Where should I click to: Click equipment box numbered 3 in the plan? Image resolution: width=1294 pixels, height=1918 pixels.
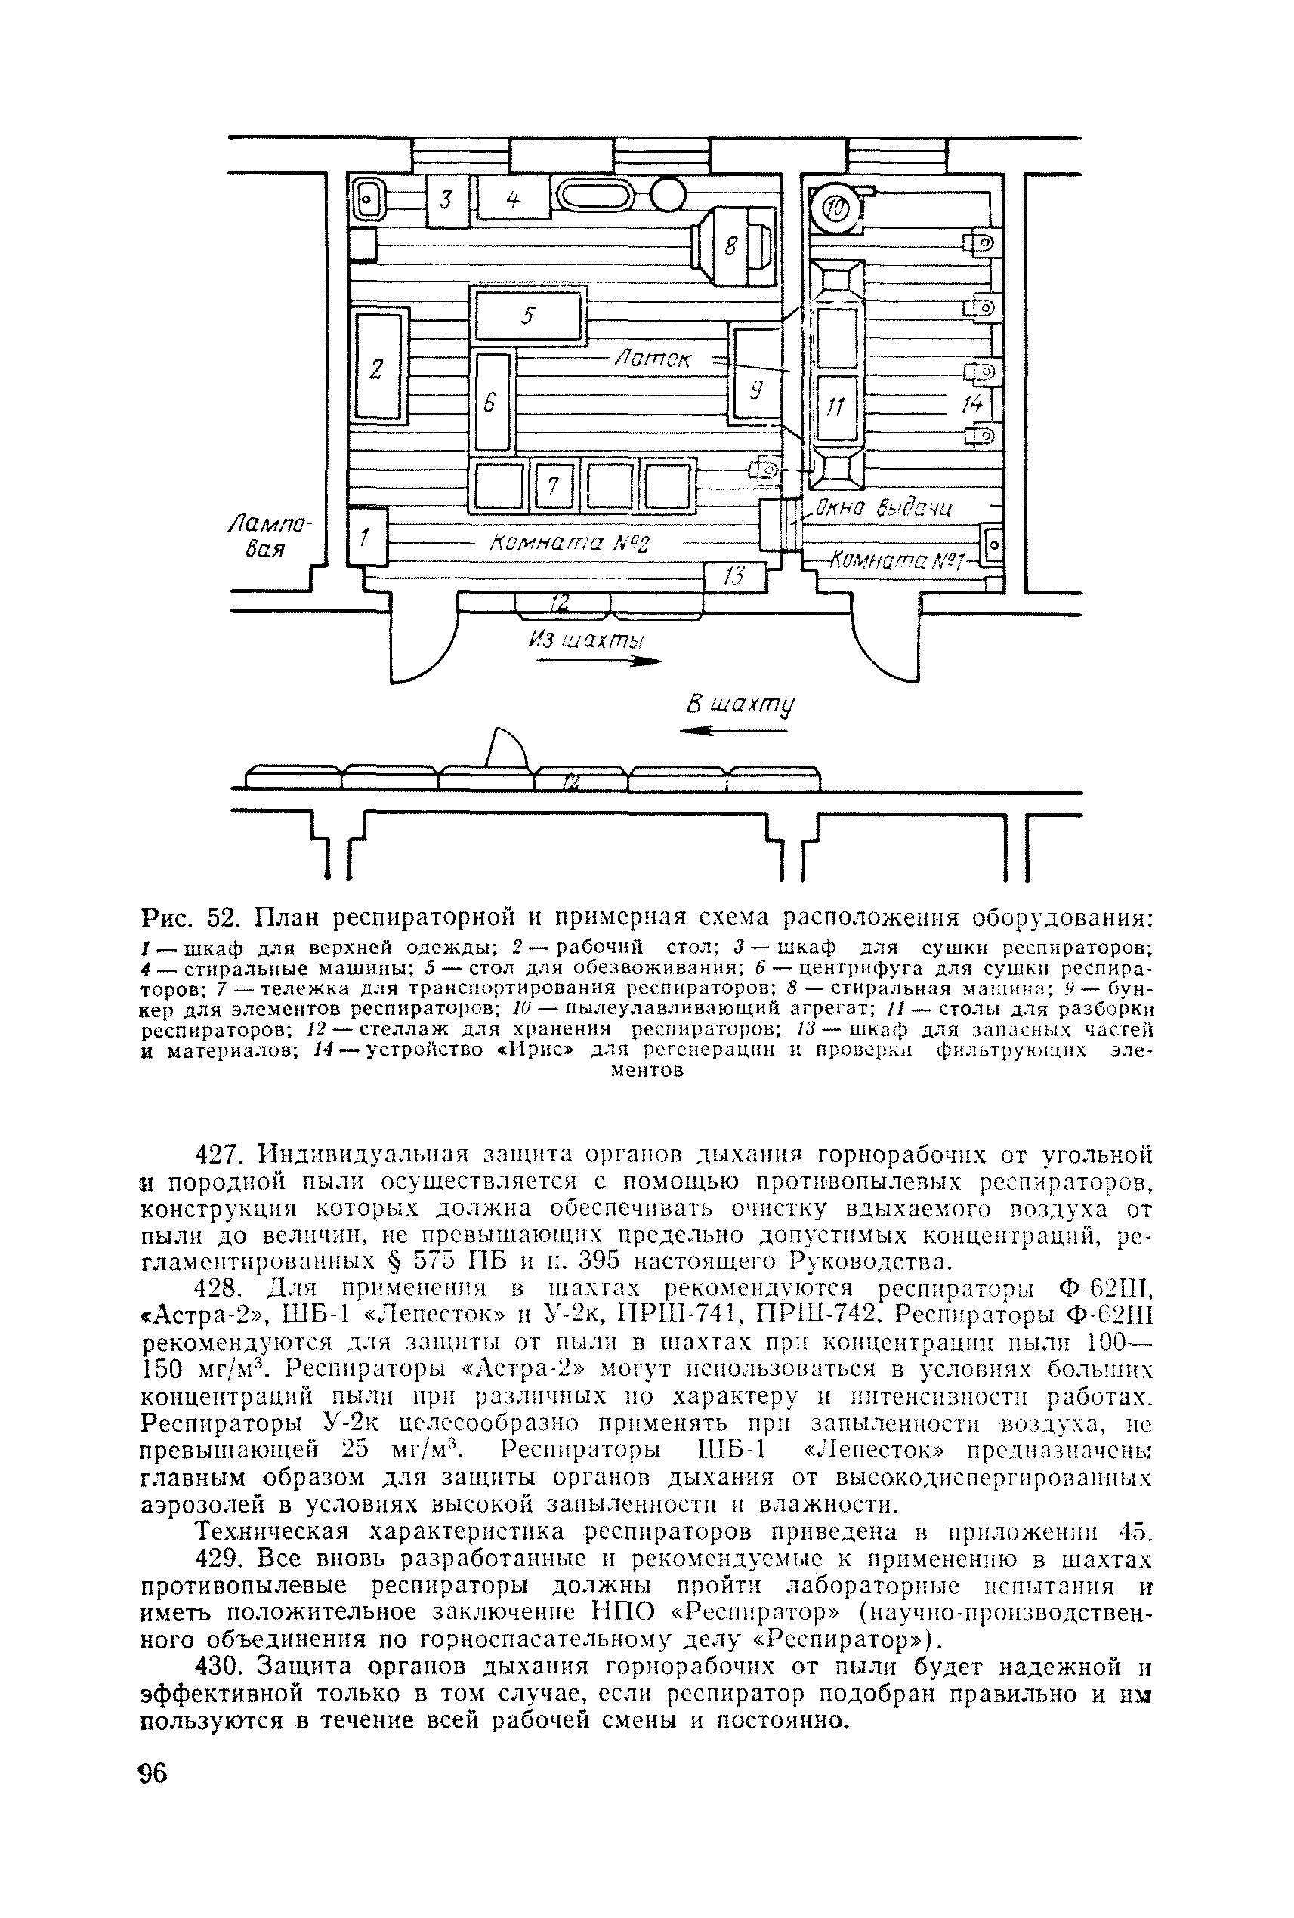446,199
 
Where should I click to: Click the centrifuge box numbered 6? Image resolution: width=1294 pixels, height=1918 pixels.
492,402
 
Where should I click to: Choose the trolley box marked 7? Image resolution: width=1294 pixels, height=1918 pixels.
554,487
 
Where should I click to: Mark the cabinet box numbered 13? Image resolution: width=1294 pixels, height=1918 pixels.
734,578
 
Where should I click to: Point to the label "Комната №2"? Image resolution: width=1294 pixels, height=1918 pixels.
570,544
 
